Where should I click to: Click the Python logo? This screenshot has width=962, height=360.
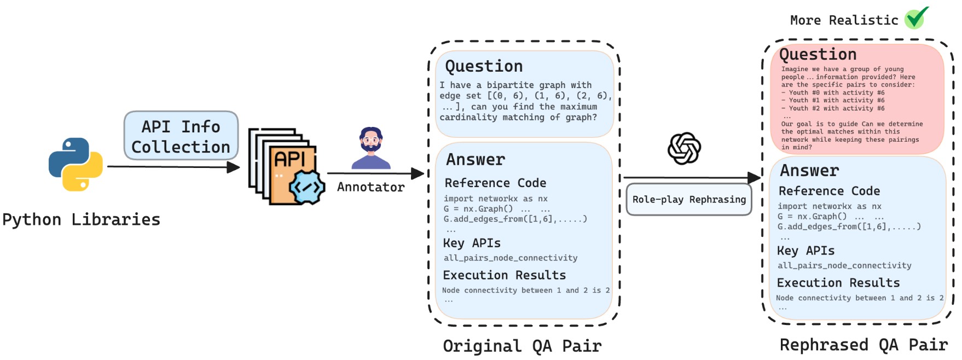(76, 164)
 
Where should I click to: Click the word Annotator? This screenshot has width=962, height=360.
(371, 187)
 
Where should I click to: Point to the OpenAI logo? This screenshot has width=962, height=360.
(684, 148)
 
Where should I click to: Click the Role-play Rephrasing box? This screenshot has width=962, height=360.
(689, 200)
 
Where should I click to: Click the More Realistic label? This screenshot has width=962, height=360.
(844, 21)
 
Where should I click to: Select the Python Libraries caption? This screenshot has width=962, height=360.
(82, 220)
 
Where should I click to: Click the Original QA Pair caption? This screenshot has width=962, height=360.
(522, 346)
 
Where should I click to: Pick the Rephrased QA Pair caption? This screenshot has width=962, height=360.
(864, 345)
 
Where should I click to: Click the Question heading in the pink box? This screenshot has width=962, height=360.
(818, 55)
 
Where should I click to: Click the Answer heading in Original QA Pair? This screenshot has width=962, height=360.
(476, 160)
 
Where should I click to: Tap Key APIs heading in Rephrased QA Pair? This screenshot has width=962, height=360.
(805, 251)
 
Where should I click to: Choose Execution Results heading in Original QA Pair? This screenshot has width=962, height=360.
(504, 275)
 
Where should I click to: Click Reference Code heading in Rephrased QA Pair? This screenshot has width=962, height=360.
(829, 191)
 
